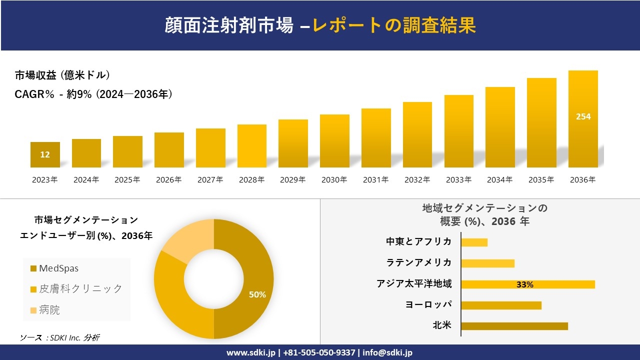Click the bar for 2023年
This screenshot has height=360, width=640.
point(45,155)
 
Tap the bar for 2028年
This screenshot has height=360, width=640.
point(251,146)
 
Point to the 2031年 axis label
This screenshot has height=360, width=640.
point(375,180)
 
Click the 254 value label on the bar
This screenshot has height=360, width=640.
point(583,116)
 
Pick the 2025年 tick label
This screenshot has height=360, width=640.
point(127,180)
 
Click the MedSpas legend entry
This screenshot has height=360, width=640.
point(58,268)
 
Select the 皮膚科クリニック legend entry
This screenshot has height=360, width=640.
point(80,288)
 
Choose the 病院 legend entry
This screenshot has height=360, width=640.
point(49,310)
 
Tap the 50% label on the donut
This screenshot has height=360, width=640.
point(257,295)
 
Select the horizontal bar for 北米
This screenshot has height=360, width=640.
point(514,326)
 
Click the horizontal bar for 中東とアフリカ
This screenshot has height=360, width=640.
point(474,242)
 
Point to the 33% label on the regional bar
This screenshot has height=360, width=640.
point(524,284)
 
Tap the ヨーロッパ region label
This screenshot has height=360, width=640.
point(428,304)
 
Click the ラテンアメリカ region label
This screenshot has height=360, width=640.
point(418,262)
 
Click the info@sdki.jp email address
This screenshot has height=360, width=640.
point(387,352)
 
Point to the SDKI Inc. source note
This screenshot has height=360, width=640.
point(59,337)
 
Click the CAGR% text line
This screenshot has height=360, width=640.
point(93,94)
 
